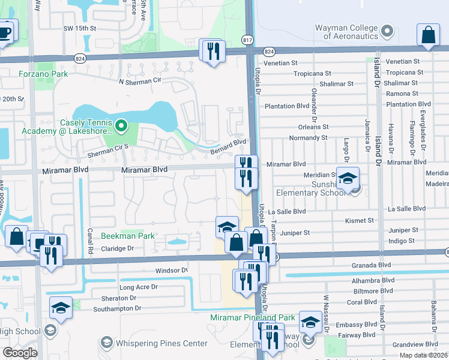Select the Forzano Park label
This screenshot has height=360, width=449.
tap(43, 74)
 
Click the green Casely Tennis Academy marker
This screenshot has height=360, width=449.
tap(121, 125)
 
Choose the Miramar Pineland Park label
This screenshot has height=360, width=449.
tap(253, 317)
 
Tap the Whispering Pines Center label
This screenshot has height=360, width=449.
tap(161, 344)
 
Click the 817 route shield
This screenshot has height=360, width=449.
tap(248, 38)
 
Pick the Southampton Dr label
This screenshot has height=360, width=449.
tap(117, 308)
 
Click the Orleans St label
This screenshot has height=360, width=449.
tap(313, 127)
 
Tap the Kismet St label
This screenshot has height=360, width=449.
tap(360, 221)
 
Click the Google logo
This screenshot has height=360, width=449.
tap(20, 353)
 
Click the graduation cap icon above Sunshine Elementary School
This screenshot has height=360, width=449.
tap(347, 178)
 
